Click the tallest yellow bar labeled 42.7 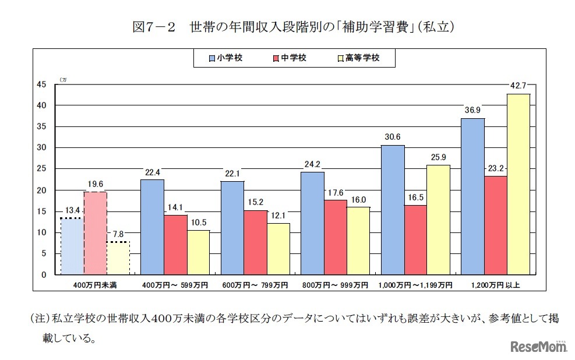pyautogui.click(x=518, y=184)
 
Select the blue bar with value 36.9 pyautogui.click(x=472, y=196)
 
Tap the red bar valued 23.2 pyautogui.click(x=495, y=225)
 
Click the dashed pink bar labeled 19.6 pyautogui.click(x=95, y=233)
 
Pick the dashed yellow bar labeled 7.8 pyautogui.click(x=118, y=258)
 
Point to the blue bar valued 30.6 pyautogui.click(x=392, y=210)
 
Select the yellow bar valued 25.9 pyautogui.click(x=438, y=220)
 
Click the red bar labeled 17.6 pyautogui.click(x=336, y=237)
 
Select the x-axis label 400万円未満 pyautogui.click(x=95, y=285)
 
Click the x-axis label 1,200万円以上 pyautogui.click(x=495, y=285)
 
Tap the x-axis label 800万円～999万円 pyautogui.click(x=336, y=285)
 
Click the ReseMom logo pyautogui.click(x=539, y=347)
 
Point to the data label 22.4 pyautogui.click(x=152, y=172)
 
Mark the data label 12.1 pyautogui.click(x=278, y=216)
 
